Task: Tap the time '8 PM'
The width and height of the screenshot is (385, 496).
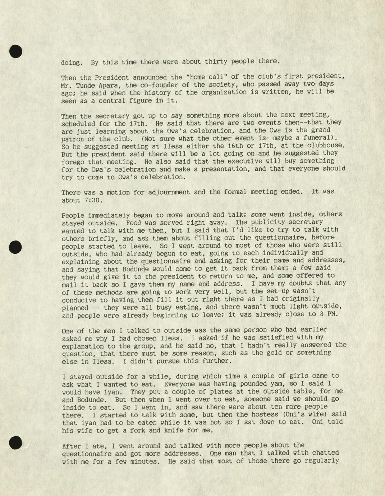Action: [329, 314]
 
